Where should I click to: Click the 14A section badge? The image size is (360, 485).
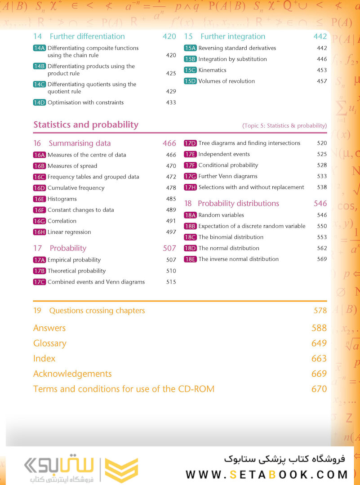(x=40, y=48)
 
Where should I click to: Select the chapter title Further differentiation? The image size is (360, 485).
(x=87, y=36)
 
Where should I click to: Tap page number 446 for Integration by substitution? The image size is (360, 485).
(x=321, y=59)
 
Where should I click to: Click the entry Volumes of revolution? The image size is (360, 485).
(x=227, y=81)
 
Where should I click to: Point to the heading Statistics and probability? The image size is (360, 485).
(x=86, y=125)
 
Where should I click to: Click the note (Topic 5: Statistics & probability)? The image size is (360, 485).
(x=284, y=125)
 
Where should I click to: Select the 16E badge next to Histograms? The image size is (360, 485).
(x=40, y=199)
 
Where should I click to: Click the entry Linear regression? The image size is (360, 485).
(x=69, y=232)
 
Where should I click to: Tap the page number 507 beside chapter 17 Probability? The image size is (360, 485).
(x=169, y=248)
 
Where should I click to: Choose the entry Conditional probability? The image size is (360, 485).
(x=228, y=165)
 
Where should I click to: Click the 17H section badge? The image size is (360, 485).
(x=190, y=187)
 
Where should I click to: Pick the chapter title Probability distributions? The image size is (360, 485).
(x=238, y=203)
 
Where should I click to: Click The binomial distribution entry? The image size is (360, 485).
(x=231, y=237)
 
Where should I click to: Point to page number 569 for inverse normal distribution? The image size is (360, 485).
(x=321, y=259)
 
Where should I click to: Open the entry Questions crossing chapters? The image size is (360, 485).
(x=97, y=311)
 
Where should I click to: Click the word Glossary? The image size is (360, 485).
(x=50, y=343)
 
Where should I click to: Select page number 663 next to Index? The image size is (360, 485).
(x=319, y=359)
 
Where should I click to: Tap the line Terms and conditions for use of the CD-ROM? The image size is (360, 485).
(x=124, y=389)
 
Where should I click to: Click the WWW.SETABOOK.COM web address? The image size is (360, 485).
(x=267, y=475)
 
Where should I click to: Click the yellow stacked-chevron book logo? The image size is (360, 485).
(x=121, y=470)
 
